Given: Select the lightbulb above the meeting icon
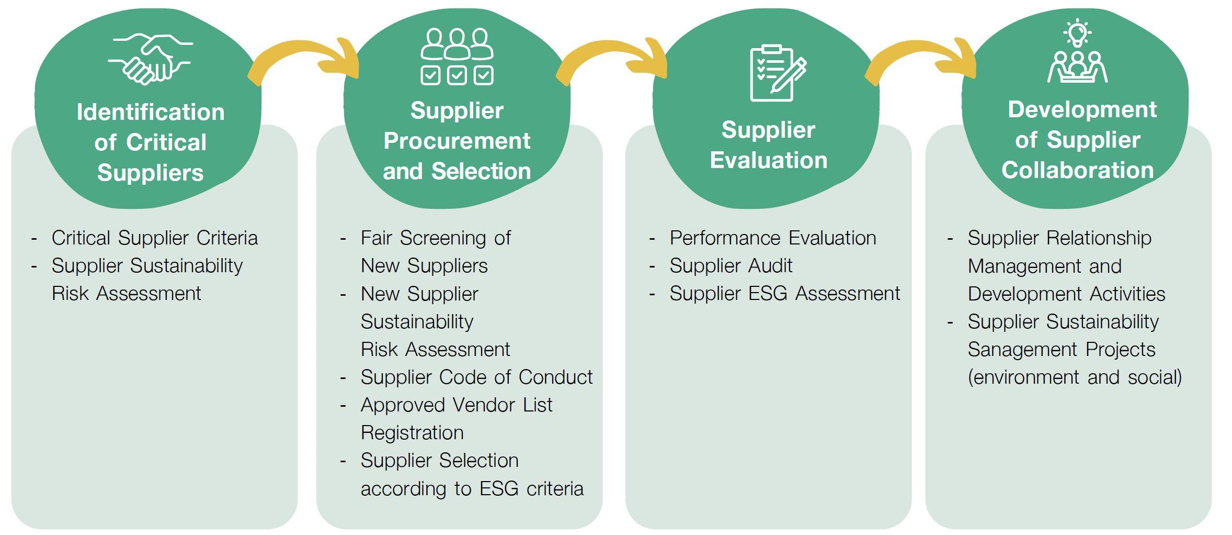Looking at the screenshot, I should [1077, 32].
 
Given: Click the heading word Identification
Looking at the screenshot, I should [151, 112].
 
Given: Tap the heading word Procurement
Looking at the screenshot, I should [457, 141].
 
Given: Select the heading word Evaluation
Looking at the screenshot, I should [769, 160].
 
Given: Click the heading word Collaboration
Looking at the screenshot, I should [1077, 171].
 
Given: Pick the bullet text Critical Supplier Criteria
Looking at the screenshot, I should [155, 238].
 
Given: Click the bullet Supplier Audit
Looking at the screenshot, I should [731, 266].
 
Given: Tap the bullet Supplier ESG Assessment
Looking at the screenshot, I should [784, 294].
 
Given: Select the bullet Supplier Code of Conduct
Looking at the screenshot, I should [476, 377].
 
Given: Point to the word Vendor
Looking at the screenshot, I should [485, 405].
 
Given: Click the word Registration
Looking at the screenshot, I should [412, 433].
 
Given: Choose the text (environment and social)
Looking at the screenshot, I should [1075, 377].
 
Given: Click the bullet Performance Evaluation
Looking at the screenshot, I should [773, 238].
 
